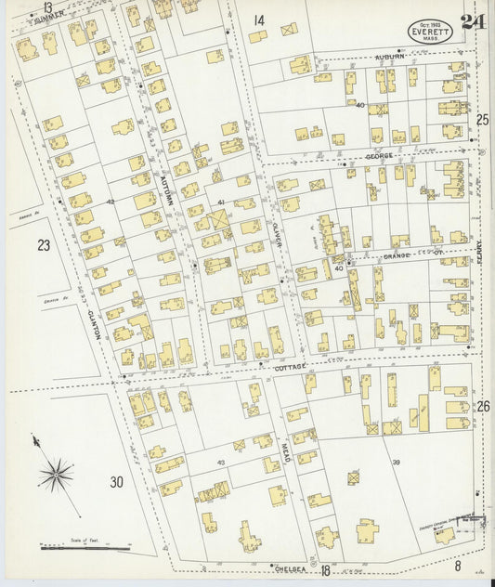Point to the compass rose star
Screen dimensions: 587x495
pos(56,475)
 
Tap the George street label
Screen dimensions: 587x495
pos(379,156)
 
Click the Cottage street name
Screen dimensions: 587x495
pos(291,368)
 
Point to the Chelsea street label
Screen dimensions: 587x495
pos(291,566)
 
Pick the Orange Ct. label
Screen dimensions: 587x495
pos(405,253)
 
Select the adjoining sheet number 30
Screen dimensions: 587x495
pos(116,481)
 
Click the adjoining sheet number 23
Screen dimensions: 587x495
pos(44,246)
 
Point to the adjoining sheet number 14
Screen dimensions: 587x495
pos(258,20)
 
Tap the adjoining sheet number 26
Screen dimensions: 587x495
pos(482,407)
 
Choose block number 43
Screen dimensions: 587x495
pos(220,462)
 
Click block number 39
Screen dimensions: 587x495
pos(396,462)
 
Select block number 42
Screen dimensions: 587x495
pos(110,202)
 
